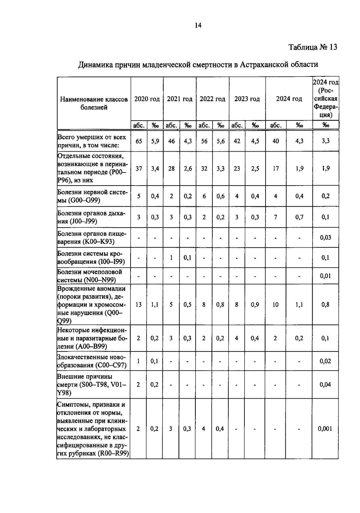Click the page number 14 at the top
(198, 26)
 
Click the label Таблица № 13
(313, 47)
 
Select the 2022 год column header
(212, 99)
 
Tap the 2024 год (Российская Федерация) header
(326, 99)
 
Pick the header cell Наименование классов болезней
(94, 103)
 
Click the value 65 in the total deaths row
(139, 141)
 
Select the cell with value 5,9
(155, 141)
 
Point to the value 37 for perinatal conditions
(139, 168)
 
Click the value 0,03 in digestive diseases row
(325, 237)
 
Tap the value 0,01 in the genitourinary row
(325, 276)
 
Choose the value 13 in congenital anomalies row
(139, 305)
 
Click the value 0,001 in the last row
(325, 429)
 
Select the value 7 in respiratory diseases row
(275, 217)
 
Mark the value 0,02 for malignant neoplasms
(325, 361)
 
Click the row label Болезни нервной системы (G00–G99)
(92, 196)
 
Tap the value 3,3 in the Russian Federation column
(326, 141)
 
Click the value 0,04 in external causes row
(325, 385)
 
